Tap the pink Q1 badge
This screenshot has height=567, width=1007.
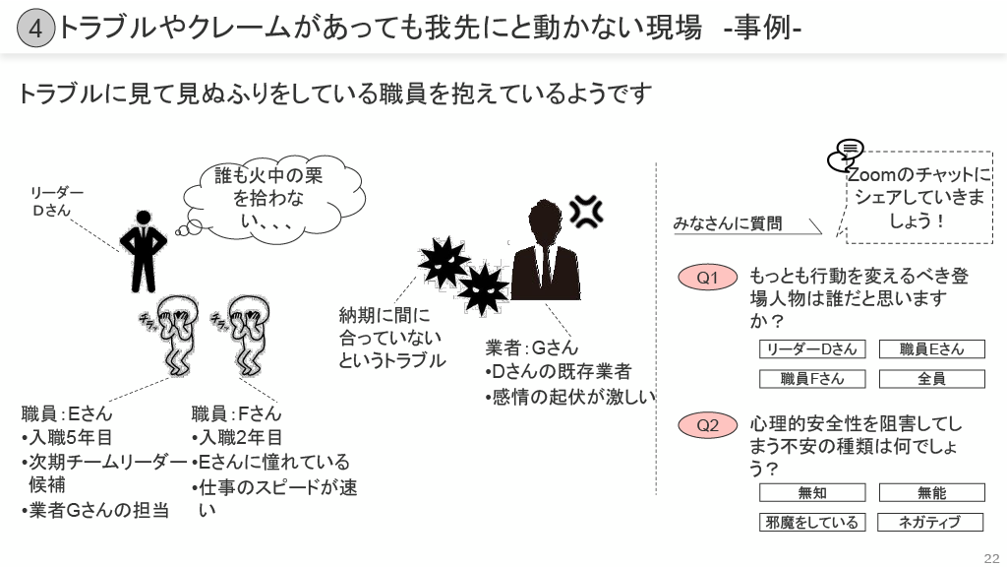708,278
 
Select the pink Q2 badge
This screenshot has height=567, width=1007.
708,425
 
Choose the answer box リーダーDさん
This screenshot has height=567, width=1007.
812,349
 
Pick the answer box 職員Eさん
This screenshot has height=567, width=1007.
930,349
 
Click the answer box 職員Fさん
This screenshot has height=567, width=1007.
812,379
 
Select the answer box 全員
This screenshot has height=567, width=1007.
930,379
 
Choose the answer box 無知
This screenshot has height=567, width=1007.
812,493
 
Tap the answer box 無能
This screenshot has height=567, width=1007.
930,493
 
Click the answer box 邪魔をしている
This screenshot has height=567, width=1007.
812,523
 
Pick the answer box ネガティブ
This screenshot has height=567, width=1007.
930,523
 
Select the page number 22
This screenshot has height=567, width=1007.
990,554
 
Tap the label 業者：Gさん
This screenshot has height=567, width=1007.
532,347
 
